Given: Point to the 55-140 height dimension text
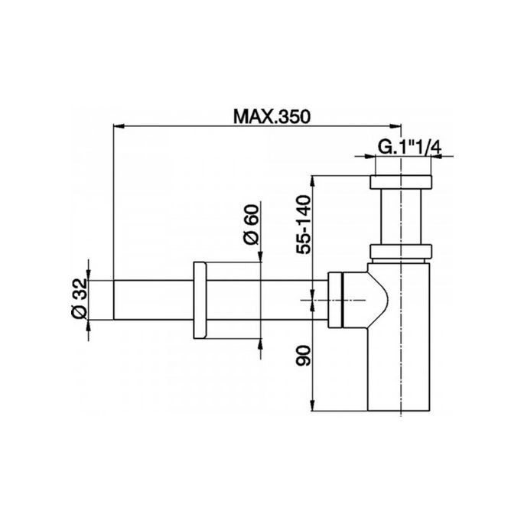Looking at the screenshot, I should tap(304, 222).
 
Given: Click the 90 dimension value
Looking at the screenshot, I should tap(304, 356).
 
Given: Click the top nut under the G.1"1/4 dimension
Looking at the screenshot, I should tap(401, 183).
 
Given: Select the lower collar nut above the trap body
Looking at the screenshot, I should tap(401, 252).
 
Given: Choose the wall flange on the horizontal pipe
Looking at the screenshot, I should tap(200, 302).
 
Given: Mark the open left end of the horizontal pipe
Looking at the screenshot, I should tap(116, 303).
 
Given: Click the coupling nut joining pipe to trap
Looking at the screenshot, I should tap(336, 301).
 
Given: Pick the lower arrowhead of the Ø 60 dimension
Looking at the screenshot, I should tap(262, 344).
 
